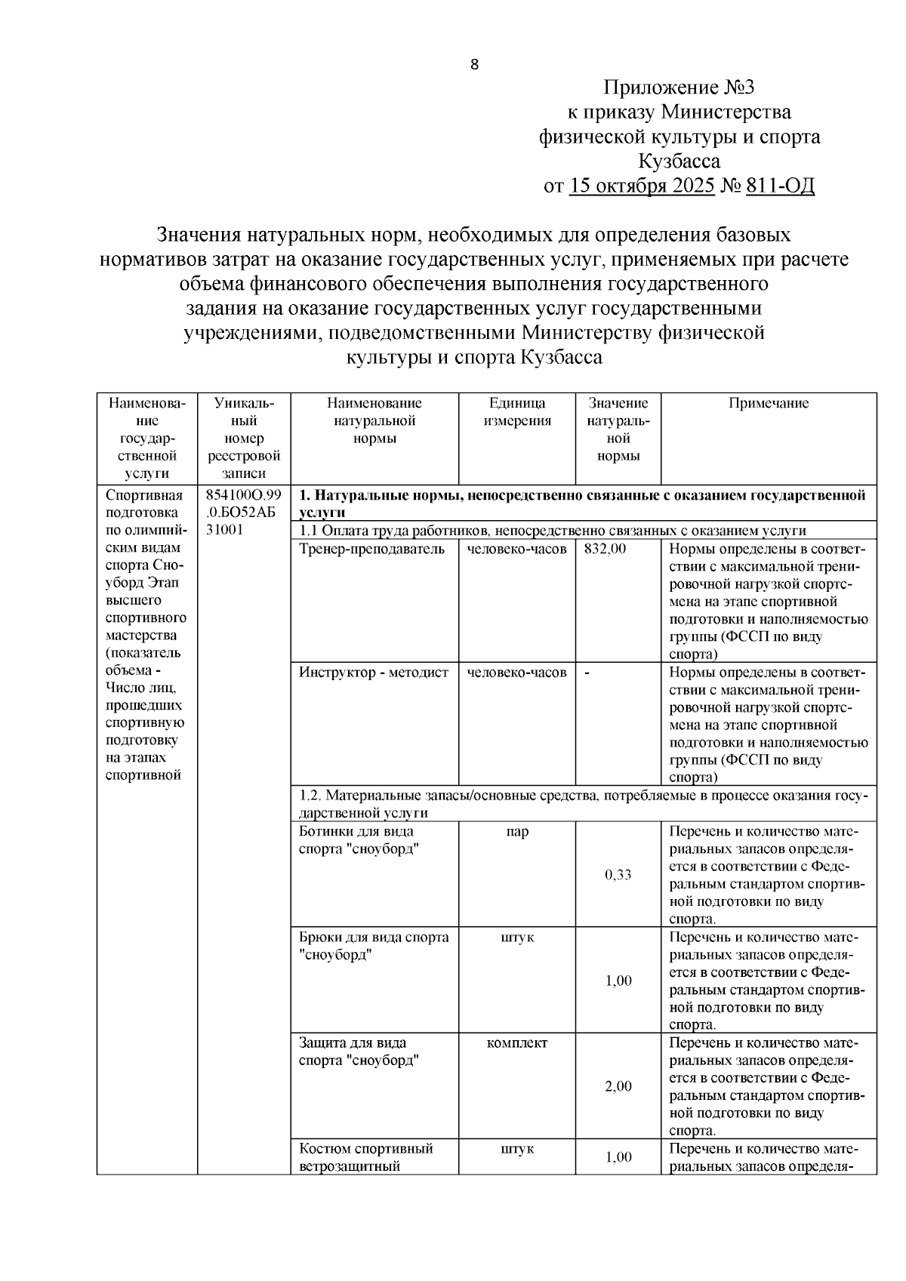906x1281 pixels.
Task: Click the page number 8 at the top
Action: pos(474,65)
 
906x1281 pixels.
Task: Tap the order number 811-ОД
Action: pos(780,186)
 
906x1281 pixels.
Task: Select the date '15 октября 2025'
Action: pos(642,186)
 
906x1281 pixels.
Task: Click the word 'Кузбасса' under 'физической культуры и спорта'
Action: pos(679,162)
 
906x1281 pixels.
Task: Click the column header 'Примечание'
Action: pos(768,403)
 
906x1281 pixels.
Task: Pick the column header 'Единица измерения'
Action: pos(517,412)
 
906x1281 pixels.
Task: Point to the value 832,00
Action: pos(605,549)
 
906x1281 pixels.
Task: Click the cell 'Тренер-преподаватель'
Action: pos(372,549)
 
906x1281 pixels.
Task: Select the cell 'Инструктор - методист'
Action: pos(374,673)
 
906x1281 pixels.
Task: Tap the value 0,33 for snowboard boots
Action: pos(618,875)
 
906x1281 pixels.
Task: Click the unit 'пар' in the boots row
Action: pos(517,832)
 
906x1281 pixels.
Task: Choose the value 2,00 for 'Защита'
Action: pos(618,1086)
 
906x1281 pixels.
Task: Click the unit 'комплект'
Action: pos(517,1043)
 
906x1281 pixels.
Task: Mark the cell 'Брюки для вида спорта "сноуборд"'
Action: pos(374,946)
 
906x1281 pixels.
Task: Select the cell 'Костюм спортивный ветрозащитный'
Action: pos(366,1157)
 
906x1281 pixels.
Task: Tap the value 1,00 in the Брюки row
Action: pos(618,981)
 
